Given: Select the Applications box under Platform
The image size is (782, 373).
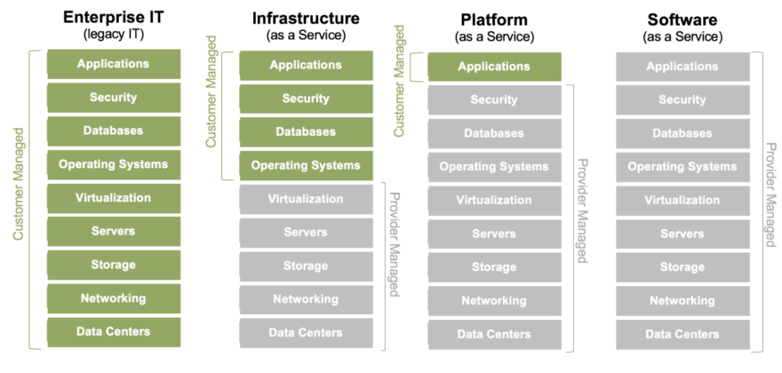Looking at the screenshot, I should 494,67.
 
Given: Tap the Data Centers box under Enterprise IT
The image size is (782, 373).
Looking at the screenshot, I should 113,331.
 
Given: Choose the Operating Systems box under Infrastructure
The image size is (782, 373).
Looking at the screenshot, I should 306,165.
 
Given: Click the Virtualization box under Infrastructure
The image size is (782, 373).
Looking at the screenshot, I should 306,199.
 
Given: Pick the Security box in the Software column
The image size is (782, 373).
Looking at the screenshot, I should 682,99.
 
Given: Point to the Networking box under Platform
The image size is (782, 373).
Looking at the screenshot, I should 494,300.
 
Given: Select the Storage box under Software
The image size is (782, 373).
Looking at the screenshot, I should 682,266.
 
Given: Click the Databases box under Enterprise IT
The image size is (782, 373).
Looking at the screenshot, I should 113,131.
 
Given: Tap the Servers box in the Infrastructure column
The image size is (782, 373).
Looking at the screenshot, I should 306,232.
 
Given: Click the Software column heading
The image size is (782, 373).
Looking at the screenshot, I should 682,19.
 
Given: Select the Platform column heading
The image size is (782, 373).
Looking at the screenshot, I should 494,19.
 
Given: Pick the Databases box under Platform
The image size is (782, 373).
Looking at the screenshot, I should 494,133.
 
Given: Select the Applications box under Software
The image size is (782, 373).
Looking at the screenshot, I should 682,67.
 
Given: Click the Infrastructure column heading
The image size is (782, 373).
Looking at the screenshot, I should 306,19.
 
